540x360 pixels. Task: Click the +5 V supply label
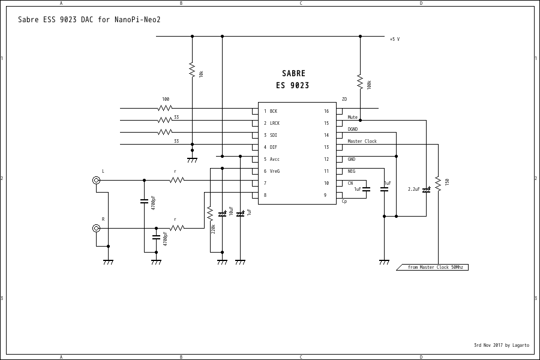point(394,39)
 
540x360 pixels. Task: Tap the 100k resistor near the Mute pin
point(360,81)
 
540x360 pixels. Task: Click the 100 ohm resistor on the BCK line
point(165,108)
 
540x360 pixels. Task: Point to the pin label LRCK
point(275,123)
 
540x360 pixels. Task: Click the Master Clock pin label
point(362,141)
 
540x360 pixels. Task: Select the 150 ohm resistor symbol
point(438,184)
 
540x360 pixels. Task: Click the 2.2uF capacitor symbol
point(426,190)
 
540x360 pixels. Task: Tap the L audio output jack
point(96,180)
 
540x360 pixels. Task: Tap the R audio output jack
point(96,228)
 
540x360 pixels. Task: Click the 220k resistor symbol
point(210,213)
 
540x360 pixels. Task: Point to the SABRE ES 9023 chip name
point(293,79)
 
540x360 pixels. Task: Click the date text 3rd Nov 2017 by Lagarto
point(501,345)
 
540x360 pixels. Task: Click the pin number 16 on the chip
point(326,111)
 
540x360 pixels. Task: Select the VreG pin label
point(275,171)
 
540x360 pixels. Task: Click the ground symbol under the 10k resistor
point(192,160)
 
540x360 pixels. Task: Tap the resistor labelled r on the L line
point(176,180)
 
